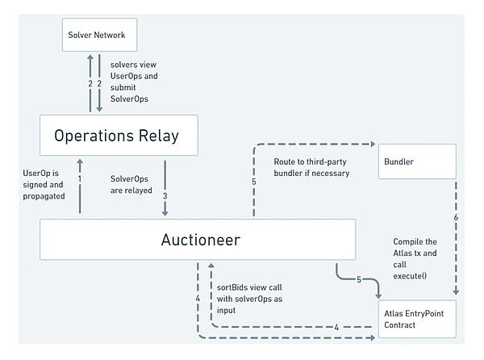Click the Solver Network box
click(x=99, y=35)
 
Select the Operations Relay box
click(x=119, y=136)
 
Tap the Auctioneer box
click(x=198, y=240)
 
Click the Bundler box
click(x=417, y=161)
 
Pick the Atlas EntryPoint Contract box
click(x=417, y=319)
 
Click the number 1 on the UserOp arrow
click(x=80, y=178)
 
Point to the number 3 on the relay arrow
click(x=165, y=196)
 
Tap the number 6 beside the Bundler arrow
click(x=456, y=217)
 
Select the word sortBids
click(x=230, y=287)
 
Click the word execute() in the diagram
click(x=410, y=276)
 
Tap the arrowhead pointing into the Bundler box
click(x=373, y=144)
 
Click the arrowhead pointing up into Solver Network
click(x=90, y=57)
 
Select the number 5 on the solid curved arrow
click(x=359, y=279)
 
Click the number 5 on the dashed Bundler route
click(x=254, y=182)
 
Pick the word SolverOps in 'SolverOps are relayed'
click(x=129, y=179)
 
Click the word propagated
click(x=44, y=196)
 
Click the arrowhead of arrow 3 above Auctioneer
click(x=165, y=213)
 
